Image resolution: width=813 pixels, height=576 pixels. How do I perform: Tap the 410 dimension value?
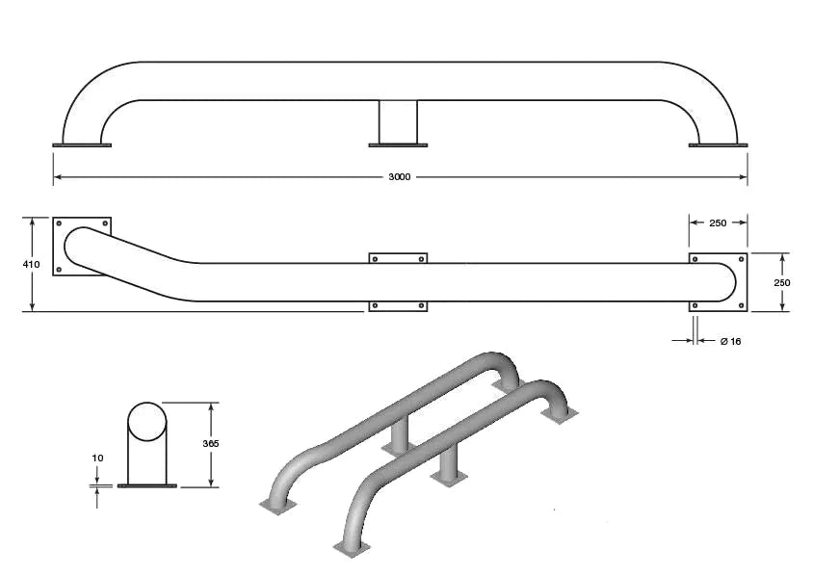coord(31,263)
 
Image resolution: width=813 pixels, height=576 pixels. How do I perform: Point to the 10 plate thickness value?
coord(97,458)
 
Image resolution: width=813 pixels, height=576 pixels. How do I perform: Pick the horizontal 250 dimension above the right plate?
coord(718,223)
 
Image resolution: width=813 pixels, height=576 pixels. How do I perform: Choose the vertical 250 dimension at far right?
coord(781,282)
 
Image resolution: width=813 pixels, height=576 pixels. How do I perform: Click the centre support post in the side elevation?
coord(397,121)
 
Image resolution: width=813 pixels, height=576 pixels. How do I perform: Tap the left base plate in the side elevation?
coord(82,145)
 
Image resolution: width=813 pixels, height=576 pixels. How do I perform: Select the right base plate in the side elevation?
coord(718,145)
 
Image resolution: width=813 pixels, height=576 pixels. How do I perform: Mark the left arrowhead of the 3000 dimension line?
coord(58,177)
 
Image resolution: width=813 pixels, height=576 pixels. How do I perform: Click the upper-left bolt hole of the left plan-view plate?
coord(59,224)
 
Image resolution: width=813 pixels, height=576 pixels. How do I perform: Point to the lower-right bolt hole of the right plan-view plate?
coord(740,306)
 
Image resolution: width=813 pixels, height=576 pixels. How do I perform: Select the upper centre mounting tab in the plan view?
coord(398,258)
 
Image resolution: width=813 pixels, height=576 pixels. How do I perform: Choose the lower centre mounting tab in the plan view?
coord(398,305)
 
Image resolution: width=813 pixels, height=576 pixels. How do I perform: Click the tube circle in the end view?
coord(146,422)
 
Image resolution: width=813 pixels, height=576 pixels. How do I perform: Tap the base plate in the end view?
coord(146,486)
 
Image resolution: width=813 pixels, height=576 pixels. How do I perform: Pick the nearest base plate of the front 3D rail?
coord(351,547)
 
